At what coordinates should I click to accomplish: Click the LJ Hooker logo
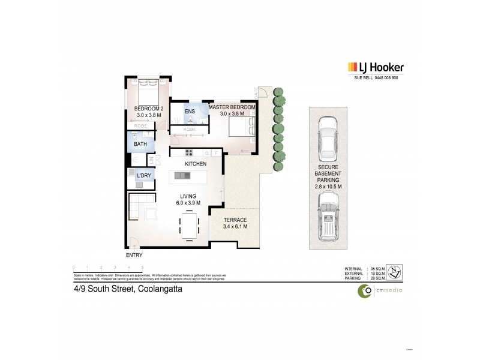376,68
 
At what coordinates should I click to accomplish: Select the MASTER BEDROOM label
232,107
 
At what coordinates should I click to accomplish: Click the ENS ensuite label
189,112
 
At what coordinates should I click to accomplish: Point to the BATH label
140,145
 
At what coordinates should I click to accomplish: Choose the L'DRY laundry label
144,175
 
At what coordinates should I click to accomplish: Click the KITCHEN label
196,164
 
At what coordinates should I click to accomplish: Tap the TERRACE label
235,220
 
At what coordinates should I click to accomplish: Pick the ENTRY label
134,254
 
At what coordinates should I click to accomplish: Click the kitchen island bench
188,175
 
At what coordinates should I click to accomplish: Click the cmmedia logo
380,291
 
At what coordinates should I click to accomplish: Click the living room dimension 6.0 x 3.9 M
188,203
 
